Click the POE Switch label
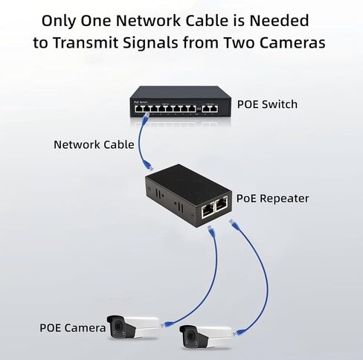(x=267, y=104)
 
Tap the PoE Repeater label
(x=272, y=199)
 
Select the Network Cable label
(x=94, y=144)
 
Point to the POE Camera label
(x=73, y=328)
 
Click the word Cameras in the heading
(x=292, y=42)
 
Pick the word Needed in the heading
(x=279, y=21)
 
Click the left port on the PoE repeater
(x=208, y=210)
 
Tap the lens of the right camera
(x=190, y=336)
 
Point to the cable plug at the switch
(x=146, y=116)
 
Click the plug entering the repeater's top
(x=148, y=165)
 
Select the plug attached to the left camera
(x=167, y=324)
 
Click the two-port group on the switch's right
(x=210, y=109)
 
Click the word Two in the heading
(x=239, y=42)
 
